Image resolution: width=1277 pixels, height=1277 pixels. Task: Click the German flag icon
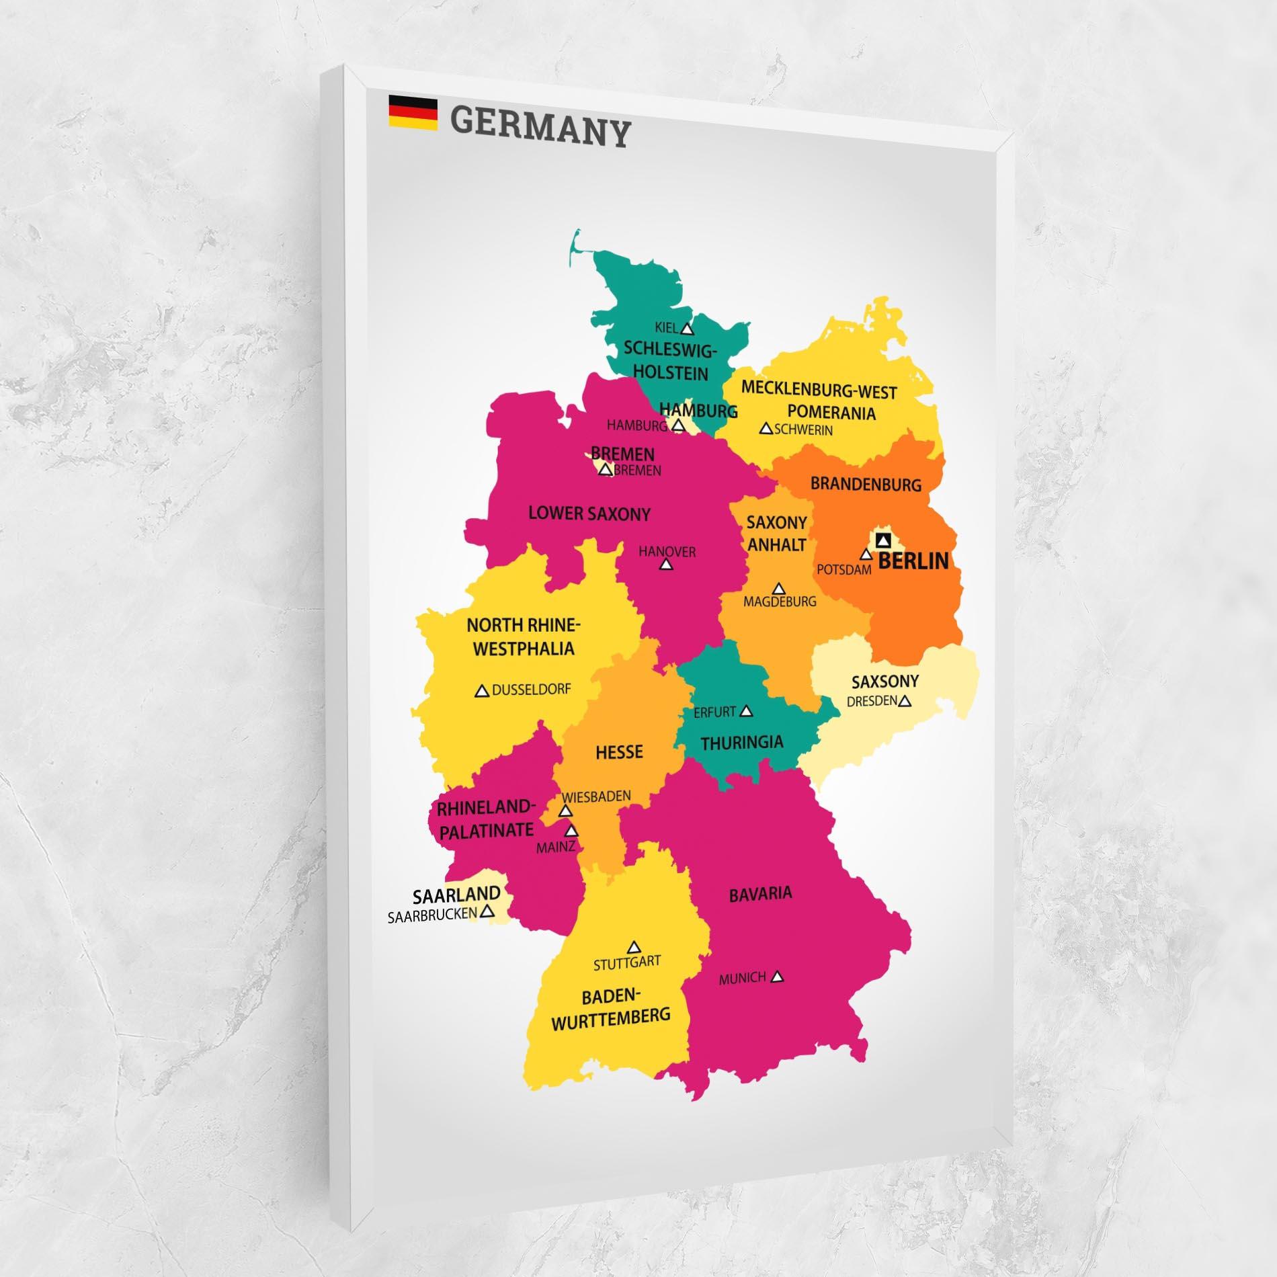pos(413,112)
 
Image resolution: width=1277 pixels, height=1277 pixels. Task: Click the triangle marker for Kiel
pos(686,329)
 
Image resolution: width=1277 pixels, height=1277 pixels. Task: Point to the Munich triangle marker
pos(778,977)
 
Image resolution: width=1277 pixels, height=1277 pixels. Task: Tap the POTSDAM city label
pos(843,569)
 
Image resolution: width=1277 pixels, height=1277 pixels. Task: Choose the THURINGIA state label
pos(742,742)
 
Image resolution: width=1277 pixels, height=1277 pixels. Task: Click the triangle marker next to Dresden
pos(905,702)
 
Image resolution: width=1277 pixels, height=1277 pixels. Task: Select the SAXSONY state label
pos(884,682)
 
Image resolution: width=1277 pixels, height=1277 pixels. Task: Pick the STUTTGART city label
pos(627,963)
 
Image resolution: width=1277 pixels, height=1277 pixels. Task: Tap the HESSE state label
pos(619,752)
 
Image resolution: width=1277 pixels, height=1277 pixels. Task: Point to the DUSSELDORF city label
pos(532,690)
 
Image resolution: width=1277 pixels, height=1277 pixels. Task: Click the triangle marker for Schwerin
pos(766,428)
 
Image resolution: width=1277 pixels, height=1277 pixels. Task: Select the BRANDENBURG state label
pos(866,484)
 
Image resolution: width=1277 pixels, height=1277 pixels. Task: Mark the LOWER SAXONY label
pos(589,514)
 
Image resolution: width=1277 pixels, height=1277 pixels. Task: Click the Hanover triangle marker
pos(666,565)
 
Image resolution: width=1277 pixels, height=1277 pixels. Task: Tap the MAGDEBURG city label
pos(780,602)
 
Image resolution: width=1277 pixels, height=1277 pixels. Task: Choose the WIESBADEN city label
pos(597,796)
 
